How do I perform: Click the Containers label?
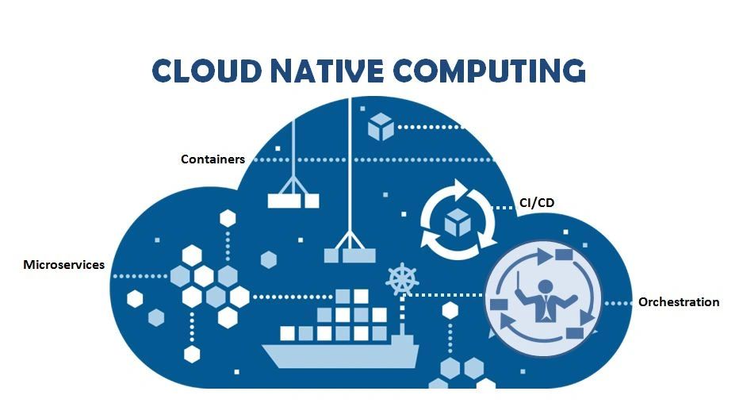(x=213, y=159)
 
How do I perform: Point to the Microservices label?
(x=63, y=265)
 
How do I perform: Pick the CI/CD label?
(x=537, y=203)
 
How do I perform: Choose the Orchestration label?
(x=679, y=302)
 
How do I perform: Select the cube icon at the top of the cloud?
(x=381, y=127)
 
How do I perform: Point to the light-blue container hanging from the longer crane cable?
(x=349, y=254)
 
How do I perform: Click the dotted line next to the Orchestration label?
(x=619, y=303)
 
